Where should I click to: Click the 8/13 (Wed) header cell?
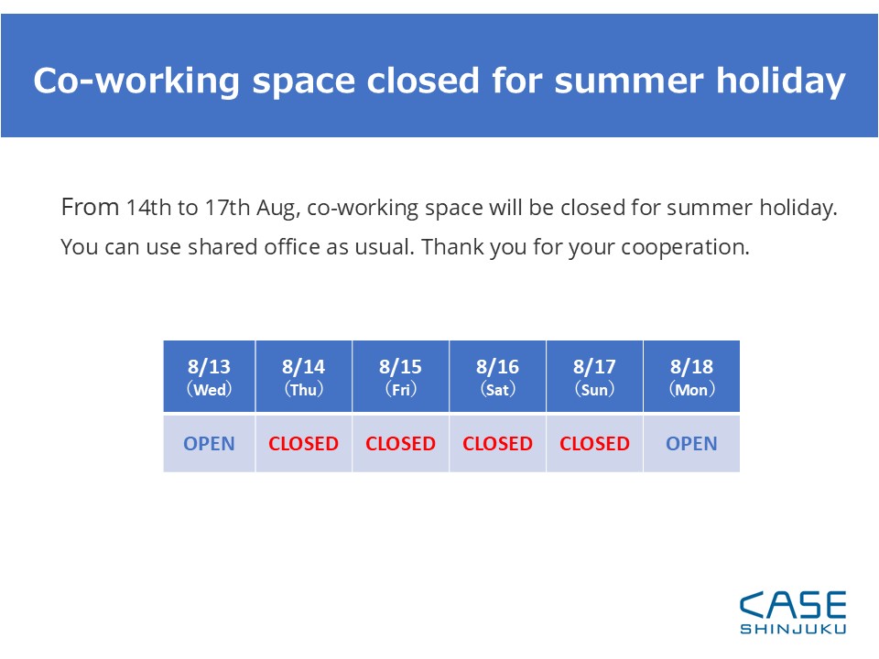point(209,376)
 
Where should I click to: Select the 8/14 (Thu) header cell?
point(303,376)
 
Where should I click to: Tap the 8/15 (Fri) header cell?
point(400,376)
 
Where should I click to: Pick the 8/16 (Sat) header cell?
point(497,376)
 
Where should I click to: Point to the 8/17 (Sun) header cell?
point(594,376)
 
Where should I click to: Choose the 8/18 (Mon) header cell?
point(692,376)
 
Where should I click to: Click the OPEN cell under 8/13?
point(209,443)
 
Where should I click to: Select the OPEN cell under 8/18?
point(692,443)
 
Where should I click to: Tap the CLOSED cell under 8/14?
point(303,443)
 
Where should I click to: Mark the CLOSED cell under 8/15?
point(400,443)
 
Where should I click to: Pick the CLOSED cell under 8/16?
point(497,443)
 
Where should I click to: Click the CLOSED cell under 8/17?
point(594,443)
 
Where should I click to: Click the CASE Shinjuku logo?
point(793,612)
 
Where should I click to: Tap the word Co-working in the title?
point(136,81)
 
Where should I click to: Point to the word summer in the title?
point(628,81)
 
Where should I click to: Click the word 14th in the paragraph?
point(148,208)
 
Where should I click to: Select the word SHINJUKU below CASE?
point(793,629)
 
